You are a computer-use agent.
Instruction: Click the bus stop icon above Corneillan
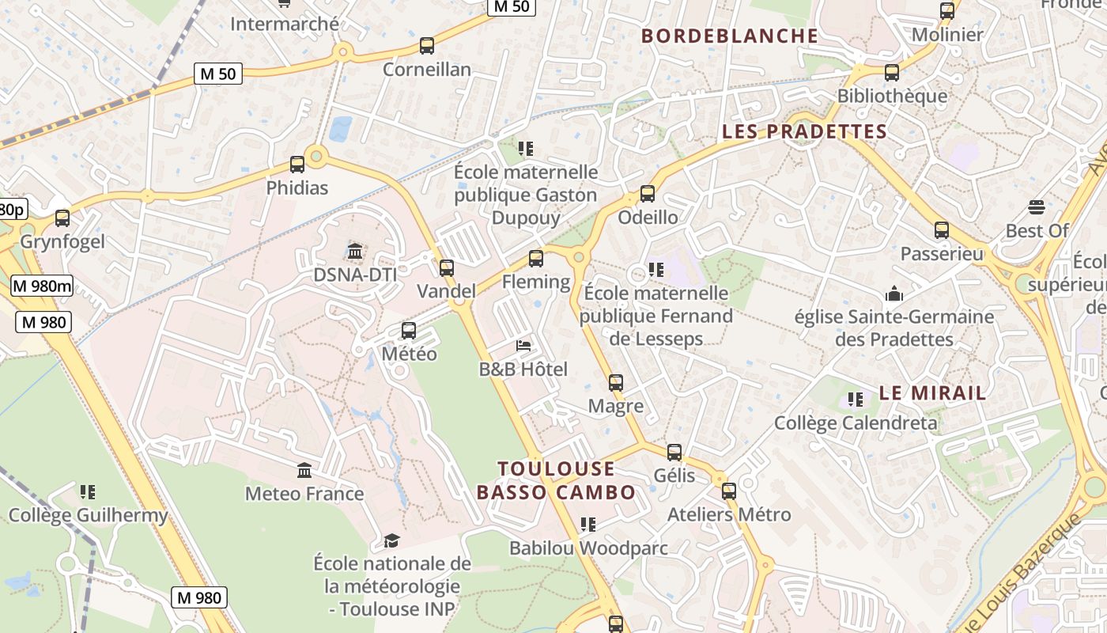pyautogui.click(x=427, y=46)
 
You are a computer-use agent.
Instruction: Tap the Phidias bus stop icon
pyautogui.click(x=297, y=165)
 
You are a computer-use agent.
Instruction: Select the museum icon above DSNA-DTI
pyautogui.click(x=355, y=252)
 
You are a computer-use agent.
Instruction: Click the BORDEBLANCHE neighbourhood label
pyautogui.click(x=729, y=36)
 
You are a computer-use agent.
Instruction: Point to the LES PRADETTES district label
pyautogui.click(x=804, y=131)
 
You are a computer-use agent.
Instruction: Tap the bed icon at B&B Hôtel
pyautogui.click(x=523, y=345)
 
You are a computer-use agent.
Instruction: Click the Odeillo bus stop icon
pyautogui.click(x=648, y=194)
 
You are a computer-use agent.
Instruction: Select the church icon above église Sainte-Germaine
pyautogui.click(x=894, y=294)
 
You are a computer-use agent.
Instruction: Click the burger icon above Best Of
pyautogui.click(x=1037, y=207)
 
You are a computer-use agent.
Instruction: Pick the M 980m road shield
pyautogui.click(x=42, y=286)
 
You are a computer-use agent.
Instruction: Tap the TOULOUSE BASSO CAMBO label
pyautogui.click(x=556, y=480)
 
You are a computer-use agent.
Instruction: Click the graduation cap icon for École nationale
pyautogui.click(x=391, y=540)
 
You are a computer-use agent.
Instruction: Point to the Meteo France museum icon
pyautogui.click(x=304, y=471)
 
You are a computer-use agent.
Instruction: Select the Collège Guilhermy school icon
pyautogui.click(x=88, y=492)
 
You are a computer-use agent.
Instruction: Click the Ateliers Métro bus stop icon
pyautogui.click(x=729, y=491)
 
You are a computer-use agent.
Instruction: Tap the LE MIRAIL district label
pyautogui.click(x=932, y=392)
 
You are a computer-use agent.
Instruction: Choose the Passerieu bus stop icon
pyautogui.click(x=942, y=230)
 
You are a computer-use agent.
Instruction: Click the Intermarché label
pyautogui.click(x=284, y=24)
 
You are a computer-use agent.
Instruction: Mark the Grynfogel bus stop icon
pyautogui.click(x=62, y=218)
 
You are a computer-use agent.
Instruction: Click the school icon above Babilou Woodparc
pyautogui.click(x=588, y=525)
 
